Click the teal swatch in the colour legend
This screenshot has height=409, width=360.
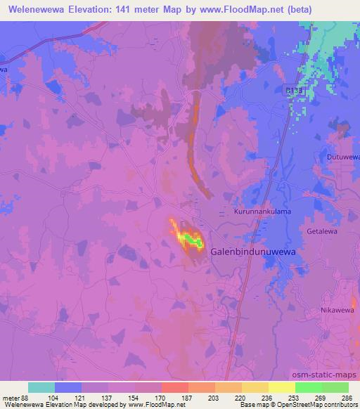(41, 387)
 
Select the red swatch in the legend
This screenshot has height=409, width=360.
(174, 387)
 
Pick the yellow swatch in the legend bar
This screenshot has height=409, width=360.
(255, 387)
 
